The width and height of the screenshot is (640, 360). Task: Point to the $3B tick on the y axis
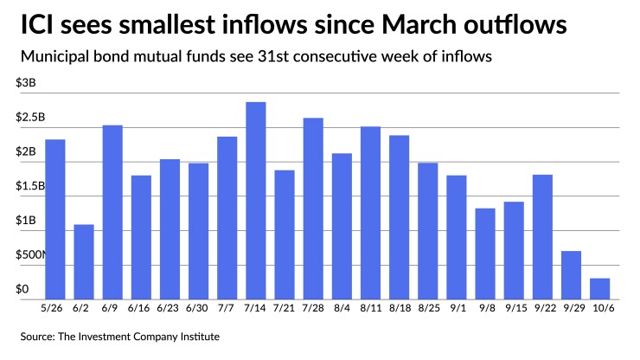click(x=25, y=83)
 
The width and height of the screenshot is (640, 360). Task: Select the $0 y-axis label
click(x=22, y=289)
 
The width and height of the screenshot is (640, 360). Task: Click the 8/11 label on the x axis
click(x=370, y=309)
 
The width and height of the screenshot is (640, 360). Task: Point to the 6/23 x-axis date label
click(x=170, y=309)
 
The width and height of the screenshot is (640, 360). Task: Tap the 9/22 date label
click(x=542, y=309)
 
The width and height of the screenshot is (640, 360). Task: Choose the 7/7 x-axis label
click(x=227, y=309)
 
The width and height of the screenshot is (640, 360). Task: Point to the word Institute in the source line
click(x=197, y=336)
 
